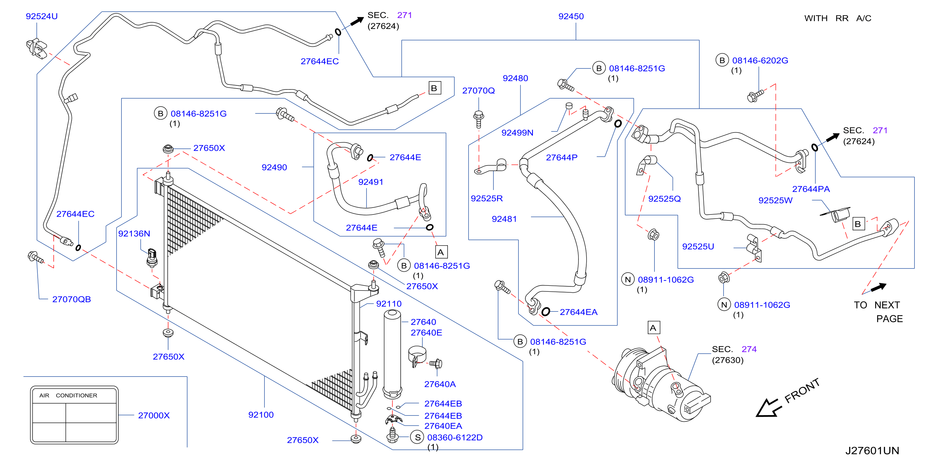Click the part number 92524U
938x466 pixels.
[41, 16]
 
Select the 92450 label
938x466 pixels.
[571, 16]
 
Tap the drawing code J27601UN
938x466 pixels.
[872, 451]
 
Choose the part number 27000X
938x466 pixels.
[154, 415]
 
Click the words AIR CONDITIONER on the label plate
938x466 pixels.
[68, 395]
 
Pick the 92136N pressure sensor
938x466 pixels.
[152, 258]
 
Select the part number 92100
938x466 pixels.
[261, 415]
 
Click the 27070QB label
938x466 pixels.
[71, 299]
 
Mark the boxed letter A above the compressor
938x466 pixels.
[653, 328]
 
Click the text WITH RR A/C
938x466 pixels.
[838, 18]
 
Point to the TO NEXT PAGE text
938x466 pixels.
[878, 312]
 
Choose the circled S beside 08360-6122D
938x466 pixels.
[417, 437]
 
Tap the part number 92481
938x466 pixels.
[504, 219]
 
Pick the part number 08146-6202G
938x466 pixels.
[760, 60]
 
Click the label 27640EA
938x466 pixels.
[443, 426]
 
